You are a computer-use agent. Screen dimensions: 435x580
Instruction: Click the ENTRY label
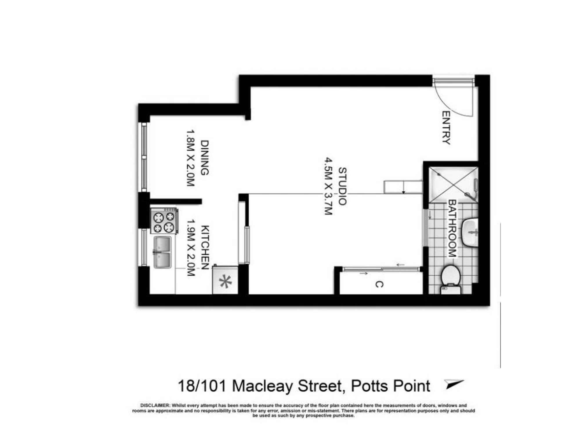(446, 128)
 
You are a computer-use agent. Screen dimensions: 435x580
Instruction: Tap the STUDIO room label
(342, 186)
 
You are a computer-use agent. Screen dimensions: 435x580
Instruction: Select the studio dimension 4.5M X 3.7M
(328, 186)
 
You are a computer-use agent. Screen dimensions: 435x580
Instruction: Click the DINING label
(205, 158)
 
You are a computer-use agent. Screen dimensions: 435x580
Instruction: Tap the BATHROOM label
(452, 228)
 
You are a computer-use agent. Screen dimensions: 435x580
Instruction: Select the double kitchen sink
(162, 252)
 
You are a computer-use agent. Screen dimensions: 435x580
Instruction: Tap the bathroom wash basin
(470, 232)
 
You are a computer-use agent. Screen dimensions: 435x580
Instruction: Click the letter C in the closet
(379, 284)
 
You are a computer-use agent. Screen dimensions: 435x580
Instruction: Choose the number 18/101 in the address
(202, 386)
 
